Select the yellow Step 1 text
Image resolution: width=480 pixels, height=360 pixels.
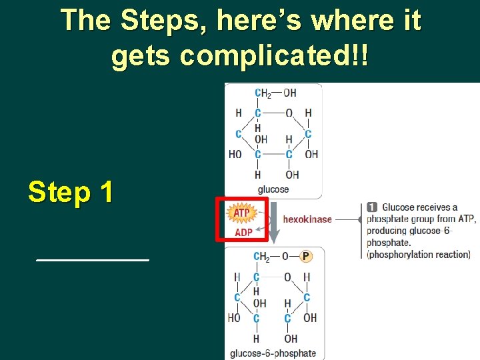(x=70, y=192)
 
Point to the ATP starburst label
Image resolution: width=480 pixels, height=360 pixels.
(x=242, y=213)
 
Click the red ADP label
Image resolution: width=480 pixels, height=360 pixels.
(x=243, y=233)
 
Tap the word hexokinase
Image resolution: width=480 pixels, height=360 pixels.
(x=307, y=219)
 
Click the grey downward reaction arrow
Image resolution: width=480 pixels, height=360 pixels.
(x=273, y=227)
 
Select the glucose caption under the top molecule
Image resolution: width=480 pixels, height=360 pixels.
(x=273, y=189)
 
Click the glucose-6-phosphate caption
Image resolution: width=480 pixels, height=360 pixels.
(x=273, y=353)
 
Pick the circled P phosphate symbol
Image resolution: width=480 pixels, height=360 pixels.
(x=306, y=256)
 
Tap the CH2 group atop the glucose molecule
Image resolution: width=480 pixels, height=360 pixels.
(x=263, y=93)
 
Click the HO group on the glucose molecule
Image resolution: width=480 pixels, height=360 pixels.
(x=235, y=154)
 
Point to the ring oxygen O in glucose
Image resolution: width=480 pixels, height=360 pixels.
(x=289, y=113)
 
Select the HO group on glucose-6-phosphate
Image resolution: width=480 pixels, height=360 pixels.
(x=234, y=318)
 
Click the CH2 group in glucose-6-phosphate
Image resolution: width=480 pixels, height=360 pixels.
(x=262, y=257)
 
